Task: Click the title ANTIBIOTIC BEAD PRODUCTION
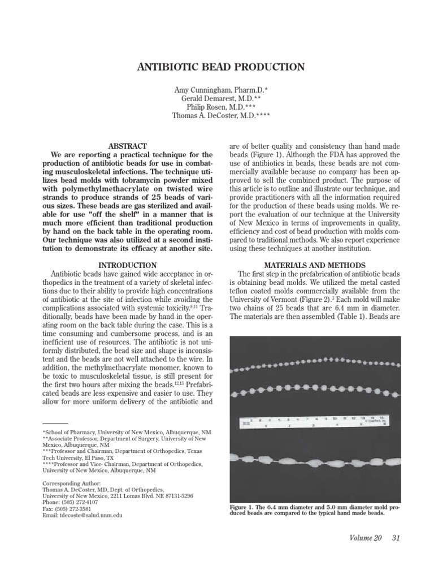(x=221, y=67)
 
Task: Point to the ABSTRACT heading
(x=129, y=146)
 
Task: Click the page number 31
(x=396, y=538)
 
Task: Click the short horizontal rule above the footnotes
(x=55, y=424)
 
